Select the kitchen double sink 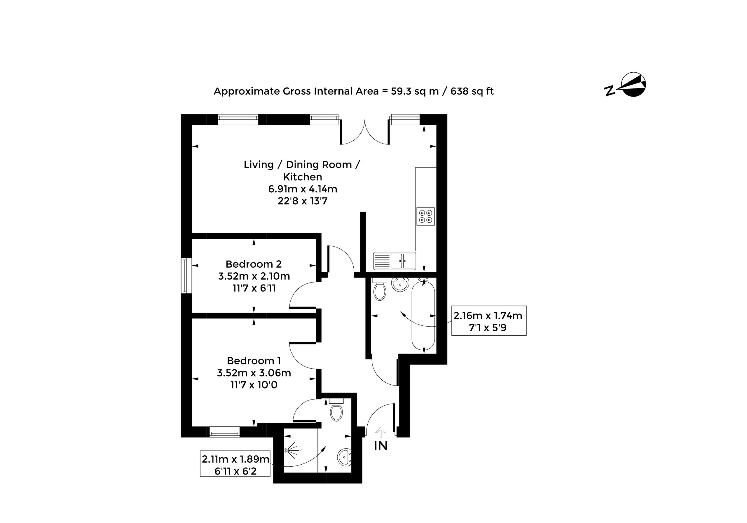pyautogui.click(x=394, y=261)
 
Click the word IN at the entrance pyautogui.click(x=381, y=446)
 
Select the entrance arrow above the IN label pyautogui.click(x=381, y=432)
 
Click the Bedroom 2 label pyautogui.click(x=254, y=264)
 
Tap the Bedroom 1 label pyautogui.click(x=254, y=361)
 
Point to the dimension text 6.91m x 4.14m pyautogui.click(x=303, y=189)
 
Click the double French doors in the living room pyautogui.click(x=365, y=133)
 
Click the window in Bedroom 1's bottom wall pyautogui.click(x=224, y=432)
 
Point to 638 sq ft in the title pyautogui.click(x=472, y=91)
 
